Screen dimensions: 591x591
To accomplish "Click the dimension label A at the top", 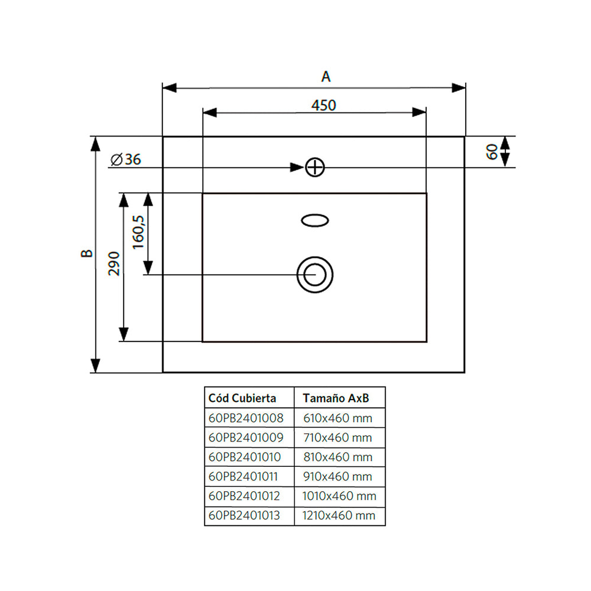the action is (x=326, y=76).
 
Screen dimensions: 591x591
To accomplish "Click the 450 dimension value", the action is (x=324, y=105).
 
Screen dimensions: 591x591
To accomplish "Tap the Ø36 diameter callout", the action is (x=125, y=160).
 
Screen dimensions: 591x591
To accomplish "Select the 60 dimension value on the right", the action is (x=492, y=151).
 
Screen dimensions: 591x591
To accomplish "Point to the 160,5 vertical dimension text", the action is (x=138, y=232).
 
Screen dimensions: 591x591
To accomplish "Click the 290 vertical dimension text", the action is (x=114, y=264).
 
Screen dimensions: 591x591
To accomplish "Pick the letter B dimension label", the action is (x=87, y=254).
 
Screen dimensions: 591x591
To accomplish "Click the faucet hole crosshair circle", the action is (x=315, y=167).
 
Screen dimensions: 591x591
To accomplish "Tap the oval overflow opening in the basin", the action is (x=315, y=220).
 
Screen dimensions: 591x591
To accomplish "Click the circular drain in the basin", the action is (x=315, y=275).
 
